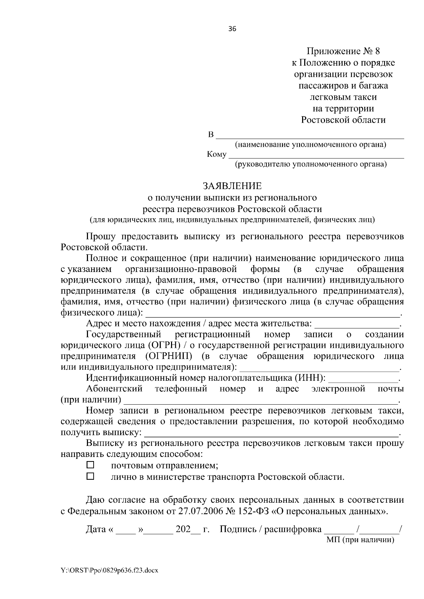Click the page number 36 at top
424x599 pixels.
(232, 29)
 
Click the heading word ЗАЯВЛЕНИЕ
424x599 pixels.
(232, 186)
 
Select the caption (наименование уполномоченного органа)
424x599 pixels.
(311, 145)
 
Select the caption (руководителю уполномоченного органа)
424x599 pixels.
(311, 164)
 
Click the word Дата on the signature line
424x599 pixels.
(96, 529)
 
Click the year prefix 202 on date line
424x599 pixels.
(183, 529)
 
